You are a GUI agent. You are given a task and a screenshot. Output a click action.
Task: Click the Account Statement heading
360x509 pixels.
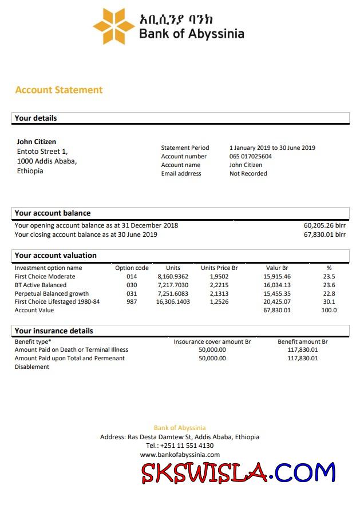(x=59, y=90)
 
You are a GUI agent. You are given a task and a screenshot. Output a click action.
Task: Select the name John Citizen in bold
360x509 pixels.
(x=37, y=142)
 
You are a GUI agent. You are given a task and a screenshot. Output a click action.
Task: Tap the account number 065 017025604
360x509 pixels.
(x=251, y=156)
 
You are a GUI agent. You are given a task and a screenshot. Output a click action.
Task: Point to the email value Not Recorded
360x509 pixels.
(x=248, y=173)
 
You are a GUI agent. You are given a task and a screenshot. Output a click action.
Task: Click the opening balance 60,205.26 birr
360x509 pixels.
(x=325, y=225)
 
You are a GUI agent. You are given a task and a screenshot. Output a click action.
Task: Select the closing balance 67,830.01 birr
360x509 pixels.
(x=325, y=234)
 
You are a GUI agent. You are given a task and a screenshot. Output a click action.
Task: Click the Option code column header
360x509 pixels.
(x=132, y=268)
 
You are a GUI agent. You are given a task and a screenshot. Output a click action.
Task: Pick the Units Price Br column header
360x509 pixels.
(x=219, y=268)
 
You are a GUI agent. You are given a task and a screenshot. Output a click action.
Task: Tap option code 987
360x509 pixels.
(x=132, y=301)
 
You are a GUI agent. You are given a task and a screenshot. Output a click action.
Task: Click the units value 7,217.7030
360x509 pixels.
(x=173, y=285)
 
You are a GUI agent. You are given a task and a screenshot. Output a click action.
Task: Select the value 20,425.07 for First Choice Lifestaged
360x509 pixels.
(x=277, y=301)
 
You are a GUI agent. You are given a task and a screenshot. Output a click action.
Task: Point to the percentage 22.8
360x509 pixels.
(x=329, y=293)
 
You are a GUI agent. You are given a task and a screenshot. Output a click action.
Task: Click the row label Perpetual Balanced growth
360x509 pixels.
(x=52, y=293)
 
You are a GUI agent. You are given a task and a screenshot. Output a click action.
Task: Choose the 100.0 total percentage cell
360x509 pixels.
(x=329, y=310)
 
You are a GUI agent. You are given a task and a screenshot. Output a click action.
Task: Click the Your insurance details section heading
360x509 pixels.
(x=54, y=331)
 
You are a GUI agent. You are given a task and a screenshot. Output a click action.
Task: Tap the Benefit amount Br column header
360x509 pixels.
(x=302, y=341)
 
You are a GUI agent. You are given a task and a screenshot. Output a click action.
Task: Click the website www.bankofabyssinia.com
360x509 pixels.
(x=180, y=455)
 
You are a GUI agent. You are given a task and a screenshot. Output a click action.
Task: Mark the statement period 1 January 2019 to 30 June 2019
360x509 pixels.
(x=272, y=148)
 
